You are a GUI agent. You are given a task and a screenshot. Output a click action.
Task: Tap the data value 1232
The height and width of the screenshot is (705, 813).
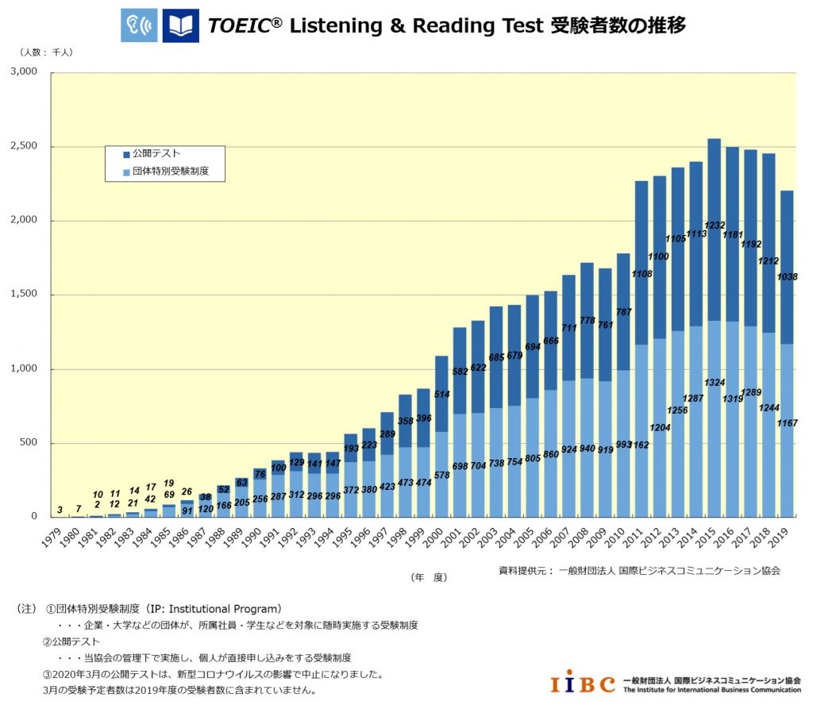click(715, 226)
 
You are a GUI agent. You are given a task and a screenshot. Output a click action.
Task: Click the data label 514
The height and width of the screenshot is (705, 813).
click(441, 395)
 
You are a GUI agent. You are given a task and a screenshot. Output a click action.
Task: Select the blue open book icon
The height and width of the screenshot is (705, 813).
click(180, 26)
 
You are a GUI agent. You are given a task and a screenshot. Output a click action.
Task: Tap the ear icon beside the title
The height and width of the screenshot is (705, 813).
click(139, 26)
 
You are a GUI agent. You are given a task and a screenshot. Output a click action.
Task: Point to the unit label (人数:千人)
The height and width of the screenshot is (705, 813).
click(47, 52)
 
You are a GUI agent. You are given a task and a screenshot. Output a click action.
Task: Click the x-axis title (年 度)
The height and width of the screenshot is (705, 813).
click(429, 577)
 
